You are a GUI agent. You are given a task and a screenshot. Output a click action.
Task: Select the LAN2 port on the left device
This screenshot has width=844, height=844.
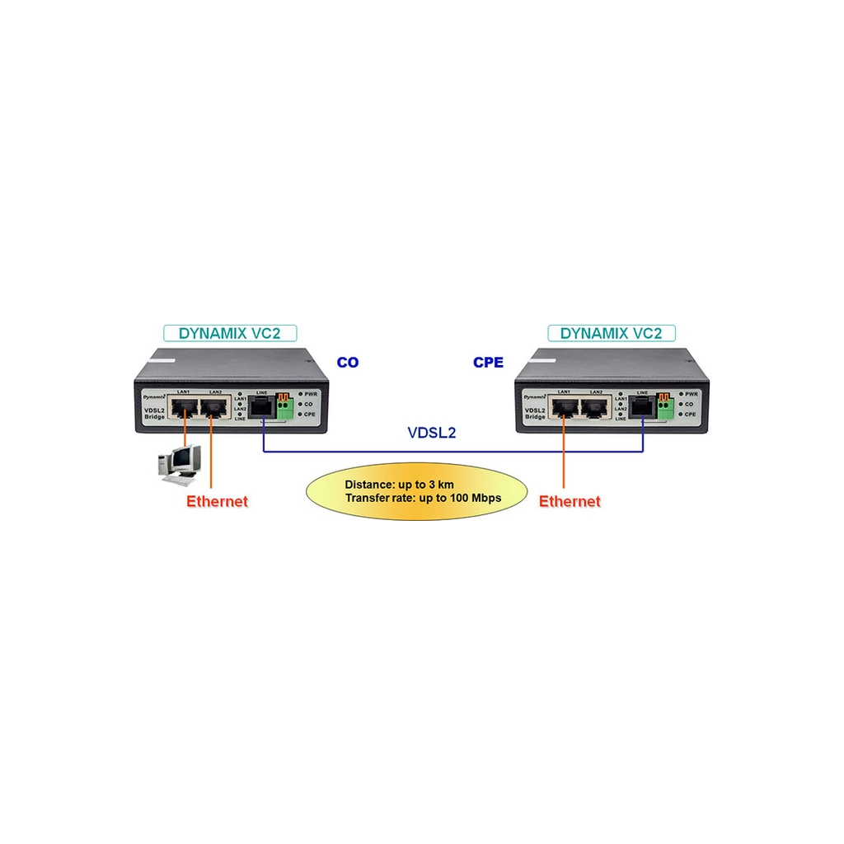tap(214, 407)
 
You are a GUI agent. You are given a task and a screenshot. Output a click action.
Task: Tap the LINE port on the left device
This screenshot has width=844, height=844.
tap(263, 406)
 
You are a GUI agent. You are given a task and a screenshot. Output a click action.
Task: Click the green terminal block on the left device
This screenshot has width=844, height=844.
tap(285, 406)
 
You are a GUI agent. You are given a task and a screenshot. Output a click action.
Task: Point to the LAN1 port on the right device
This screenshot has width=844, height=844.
tap(564, 407)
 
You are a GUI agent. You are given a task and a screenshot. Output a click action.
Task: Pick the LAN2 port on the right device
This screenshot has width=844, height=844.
tap(595, 407)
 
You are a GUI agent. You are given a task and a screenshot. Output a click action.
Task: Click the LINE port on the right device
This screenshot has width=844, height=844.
tap(642, 406)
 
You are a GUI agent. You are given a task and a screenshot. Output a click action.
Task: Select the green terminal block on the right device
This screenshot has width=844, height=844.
tap(664, 406)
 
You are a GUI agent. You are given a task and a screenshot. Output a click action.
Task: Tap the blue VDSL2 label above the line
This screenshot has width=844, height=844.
tap(432, 432)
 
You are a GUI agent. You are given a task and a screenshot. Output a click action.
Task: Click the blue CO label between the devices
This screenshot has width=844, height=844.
tap(348, 362)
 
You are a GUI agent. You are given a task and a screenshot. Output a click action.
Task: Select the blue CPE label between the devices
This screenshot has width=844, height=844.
tap(488, 362)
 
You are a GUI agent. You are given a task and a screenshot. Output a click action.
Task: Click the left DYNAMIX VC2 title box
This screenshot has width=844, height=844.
tap(230, 333)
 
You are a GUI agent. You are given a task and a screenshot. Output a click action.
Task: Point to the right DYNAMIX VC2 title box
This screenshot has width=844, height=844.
tap(611, 333)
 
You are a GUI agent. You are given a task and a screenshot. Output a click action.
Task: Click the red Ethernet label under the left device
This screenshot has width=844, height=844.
tap(217, 501)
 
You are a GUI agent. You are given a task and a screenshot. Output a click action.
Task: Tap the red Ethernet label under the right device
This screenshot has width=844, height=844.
tap(570, 501)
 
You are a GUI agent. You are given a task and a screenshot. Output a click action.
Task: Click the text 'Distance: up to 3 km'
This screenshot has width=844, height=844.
tap(399, 484)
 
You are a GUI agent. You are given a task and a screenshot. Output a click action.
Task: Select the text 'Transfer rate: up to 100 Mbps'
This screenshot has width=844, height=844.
tap(423, 498)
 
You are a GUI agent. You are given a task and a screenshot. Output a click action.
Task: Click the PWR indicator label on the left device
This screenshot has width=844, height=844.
tap(310, 395)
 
